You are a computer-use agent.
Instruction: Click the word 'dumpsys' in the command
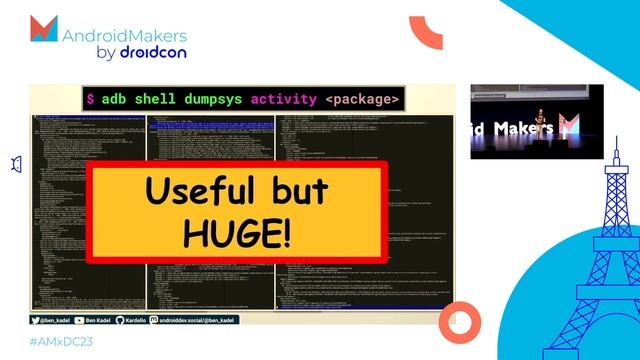[208, 100]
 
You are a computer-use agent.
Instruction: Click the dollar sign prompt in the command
[91, 100]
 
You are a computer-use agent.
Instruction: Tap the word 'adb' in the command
[115, 100]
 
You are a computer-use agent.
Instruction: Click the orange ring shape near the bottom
[462, 321]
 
